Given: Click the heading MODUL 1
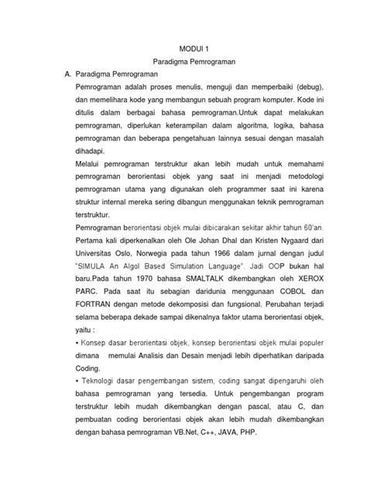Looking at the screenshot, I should coord(194,47).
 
